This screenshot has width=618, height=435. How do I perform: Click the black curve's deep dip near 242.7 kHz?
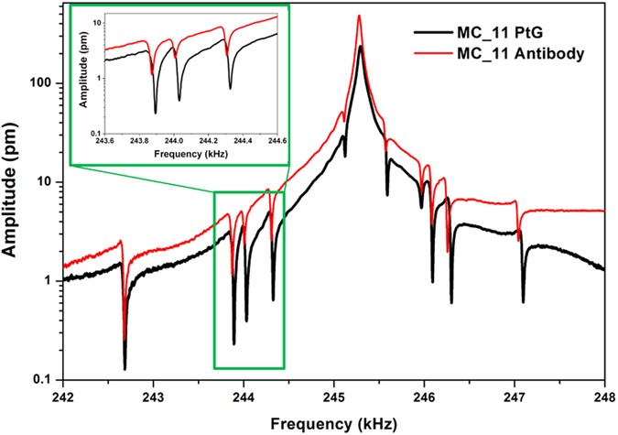tap(125, 368)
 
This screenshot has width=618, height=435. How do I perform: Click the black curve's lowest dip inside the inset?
tap(155, 113)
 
